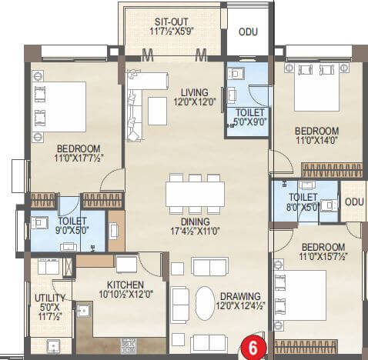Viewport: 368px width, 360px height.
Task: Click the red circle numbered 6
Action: click(252, 347)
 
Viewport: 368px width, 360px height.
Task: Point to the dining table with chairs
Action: click(195, 192)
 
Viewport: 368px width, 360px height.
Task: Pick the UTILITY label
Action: click(44, 296)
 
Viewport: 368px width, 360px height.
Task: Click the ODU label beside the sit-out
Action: click(246, 32)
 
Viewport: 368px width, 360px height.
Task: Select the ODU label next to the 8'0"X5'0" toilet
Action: click(354, 202)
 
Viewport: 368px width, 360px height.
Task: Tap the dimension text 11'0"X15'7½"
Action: click(317, 257)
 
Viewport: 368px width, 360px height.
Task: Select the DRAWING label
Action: click(239, 296)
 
